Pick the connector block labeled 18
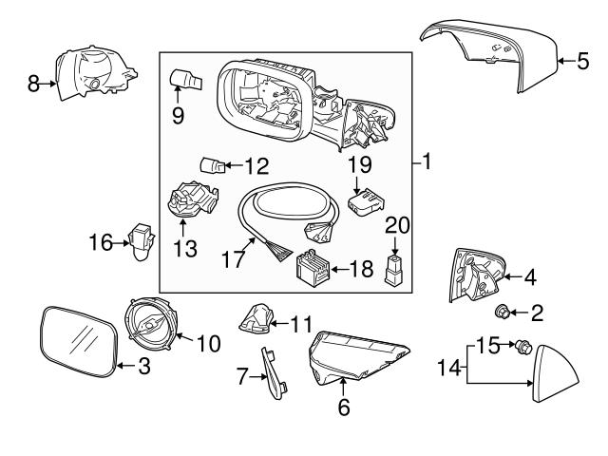[x=314, y=269]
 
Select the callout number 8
[x=33, y=83]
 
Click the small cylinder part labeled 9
[x=184, y=79]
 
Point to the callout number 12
[x=256, y=166]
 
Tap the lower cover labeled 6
[x=356, y=360]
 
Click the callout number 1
[x=427, y=163]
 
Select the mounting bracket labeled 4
[x=476, y=275]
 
